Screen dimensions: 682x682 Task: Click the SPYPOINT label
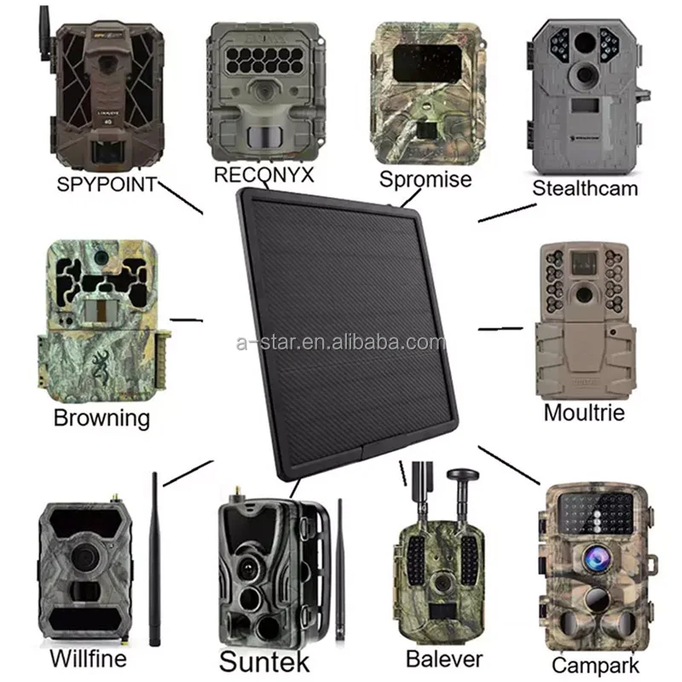coord(107,184)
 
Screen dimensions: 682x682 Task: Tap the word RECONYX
coord(263,175)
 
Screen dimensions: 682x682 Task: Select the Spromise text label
coord(425,179)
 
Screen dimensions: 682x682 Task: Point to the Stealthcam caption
coord(585,188)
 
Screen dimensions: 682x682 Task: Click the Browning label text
coord(101,419)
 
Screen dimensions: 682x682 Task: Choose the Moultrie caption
coord(584,413)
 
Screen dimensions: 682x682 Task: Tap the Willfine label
coord(89,658)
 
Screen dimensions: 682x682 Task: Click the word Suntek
coord(264,662)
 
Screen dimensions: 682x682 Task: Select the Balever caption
coord(444,659)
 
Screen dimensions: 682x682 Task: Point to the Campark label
coord(595,666)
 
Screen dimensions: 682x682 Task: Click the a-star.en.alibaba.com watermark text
coord(341,343)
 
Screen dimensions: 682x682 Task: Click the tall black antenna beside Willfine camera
coord(154,559)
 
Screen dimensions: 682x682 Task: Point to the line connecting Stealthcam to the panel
coord(507,213)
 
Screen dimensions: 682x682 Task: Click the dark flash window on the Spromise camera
coord(427,63)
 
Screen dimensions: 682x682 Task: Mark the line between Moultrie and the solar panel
coord(500,328)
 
